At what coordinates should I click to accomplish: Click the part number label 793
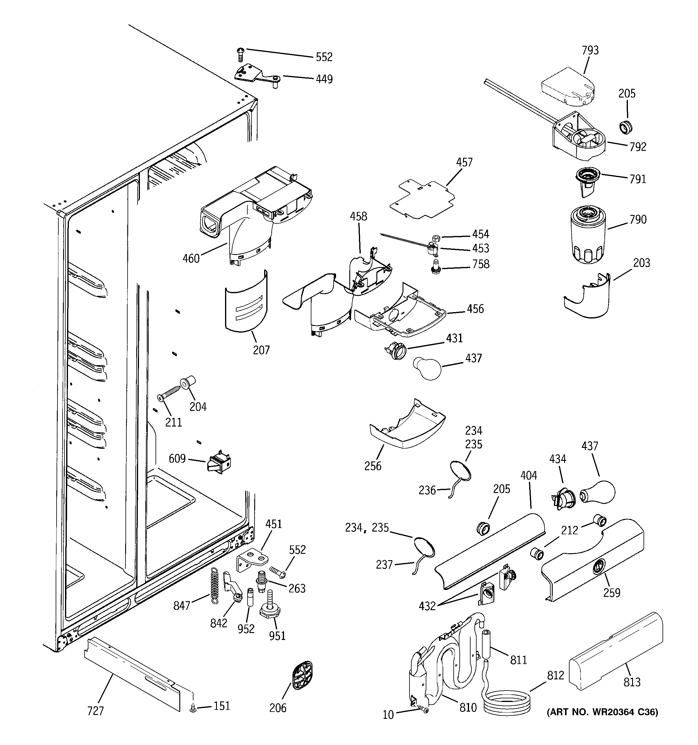[590, 50]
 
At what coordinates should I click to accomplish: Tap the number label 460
[191, 258]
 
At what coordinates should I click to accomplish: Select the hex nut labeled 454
[435, 237]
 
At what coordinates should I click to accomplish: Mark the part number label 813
[632, 682]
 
